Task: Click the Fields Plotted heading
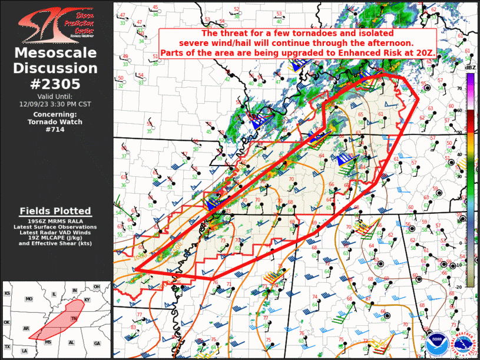tap(55, 211)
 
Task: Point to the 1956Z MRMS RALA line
tap(55, 220)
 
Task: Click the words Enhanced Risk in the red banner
tap(376, 53)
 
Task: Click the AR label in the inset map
tap(26, 328)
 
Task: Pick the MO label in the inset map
tap(28, 299)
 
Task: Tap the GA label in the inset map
tap(97, 343)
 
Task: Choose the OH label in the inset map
tap(97, 287)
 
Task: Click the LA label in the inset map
tap(25, 351)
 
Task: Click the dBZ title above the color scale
tap(470, 68)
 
